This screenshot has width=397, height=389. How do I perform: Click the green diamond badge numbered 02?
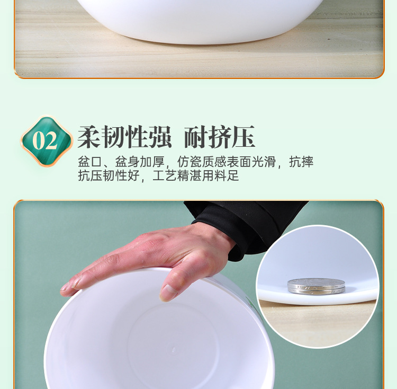(47, 140)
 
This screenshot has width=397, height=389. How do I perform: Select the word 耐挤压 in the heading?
(220, 137)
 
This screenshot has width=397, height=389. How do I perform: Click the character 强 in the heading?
(160, 137)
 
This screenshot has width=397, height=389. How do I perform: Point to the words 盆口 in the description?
(90, 162)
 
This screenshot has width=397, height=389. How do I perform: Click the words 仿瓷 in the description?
(189, 162)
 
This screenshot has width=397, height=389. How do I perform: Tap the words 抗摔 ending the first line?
(301, 162)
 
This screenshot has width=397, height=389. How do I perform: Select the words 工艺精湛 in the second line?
(177, 175)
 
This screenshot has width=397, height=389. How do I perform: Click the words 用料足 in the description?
(220, 175)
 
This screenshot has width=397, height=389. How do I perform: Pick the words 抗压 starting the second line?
(90, 175)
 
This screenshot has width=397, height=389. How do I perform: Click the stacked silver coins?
(316, 286)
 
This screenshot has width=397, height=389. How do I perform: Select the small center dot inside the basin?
(174, 350)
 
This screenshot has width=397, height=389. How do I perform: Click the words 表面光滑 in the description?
(251, 162)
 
